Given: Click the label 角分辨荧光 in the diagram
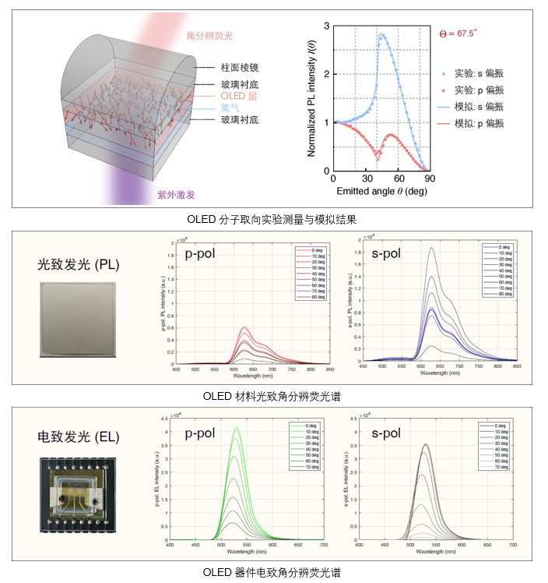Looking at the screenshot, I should pos(209,36).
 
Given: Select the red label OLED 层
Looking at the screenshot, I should pos(239,96).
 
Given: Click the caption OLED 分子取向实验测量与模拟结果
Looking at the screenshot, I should pos(273,219).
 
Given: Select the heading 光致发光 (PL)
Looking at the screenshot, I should pos(79,264).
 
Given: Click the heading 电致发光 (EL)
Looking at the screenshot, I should pos(79,436).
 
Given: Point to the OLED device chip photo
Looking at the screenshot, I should pos(79,495).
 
